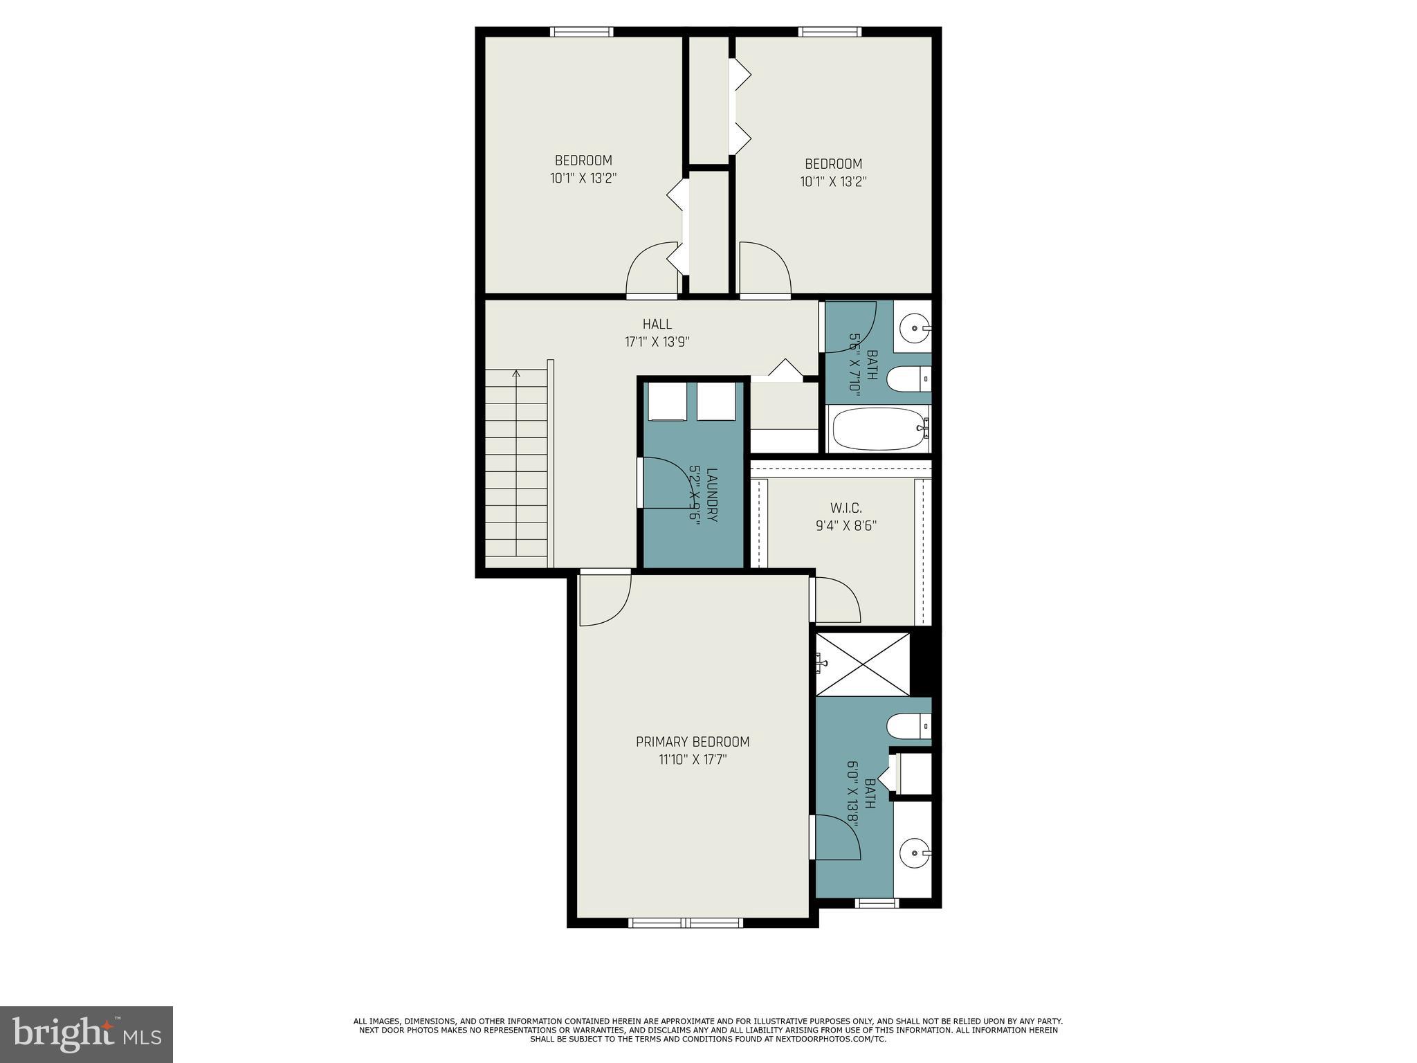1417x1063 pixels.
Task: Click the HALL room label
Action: click(657, 324)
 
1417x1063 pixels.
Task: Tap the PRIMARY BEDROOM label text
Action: click(693, 742)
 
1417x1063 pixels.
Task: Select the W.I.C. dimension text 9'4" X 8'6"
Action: click(845, 525)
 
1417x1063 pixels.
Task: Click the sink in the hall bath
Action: click(916, 328)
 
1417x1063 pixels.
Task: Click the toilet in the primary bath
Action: click(908, 726)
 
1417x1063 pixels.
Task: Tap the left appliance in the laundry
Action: click(666, 402)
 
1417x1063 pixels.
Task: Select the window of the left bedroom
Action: click(581, 32)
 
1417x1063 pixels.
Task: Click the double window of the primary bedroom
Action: click(686, 923)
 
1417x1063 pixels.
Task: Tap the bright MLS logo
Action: click(86, 1034)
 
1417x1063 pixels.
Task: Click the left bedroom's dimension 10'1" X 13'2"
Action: click(583, 178)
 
